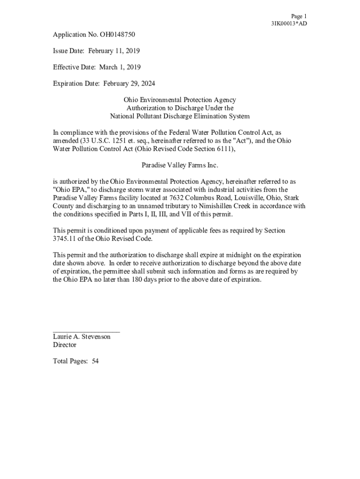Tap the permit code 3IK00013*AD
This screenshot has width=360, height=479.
click(289, 23)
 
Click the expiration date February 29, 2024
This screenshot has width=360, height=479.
click(129, 84)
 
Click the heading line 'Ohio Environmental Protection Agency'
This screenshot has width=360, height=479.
click(180, 100)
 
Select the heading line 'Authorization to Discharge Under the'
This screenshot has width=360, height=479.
click(180, 108)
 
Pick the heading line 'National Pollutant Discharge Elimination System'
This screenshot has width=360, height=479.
click(180, 116)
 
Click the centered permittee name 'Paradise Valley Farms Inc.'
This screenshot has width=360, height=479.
click(180, 165)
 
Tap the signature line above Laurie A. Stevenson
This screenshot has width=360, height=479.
click(86, 332)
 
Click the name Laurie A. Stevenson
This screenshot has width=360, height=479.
click(82, 337)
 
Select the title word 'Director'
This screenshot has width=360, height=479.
click(65, 345)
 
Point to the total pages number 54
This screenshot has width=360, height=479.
click(95, 361)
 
